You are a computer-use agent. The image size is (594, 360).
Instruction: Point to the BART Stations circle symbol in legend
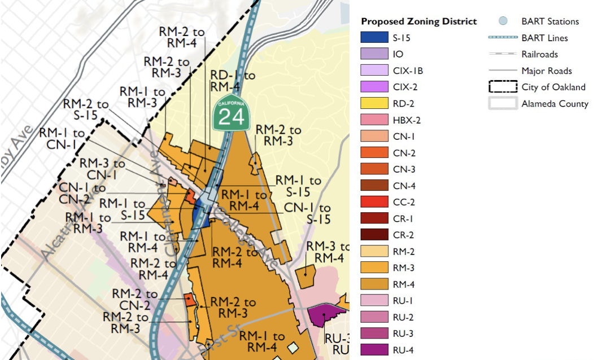pos(503,21)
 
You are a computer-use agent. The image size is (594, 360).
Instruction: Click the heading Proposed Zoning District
pos(419,21)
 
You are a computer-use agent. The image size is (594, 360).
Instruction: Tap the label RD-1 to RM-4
pos(233,81)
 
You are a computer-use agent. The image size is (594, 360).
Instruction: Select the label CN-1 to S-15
pos(307,214)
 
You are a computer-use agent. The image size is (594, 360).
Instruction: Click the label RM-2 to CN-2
pos(134,300)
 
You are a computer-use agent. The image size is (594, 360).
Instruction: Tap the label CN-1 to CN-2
pos(84,194)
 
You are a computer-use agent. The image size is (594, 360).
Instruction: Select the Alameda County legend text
pos(554,104)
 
